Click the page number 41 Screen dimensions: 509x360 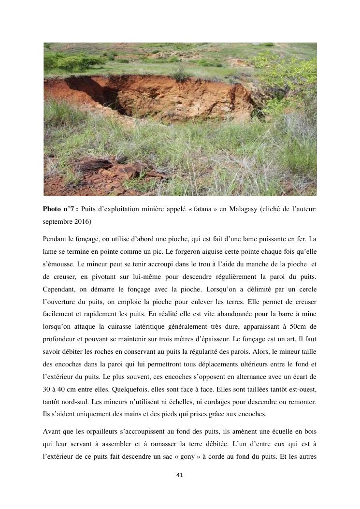pos(180,475)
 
